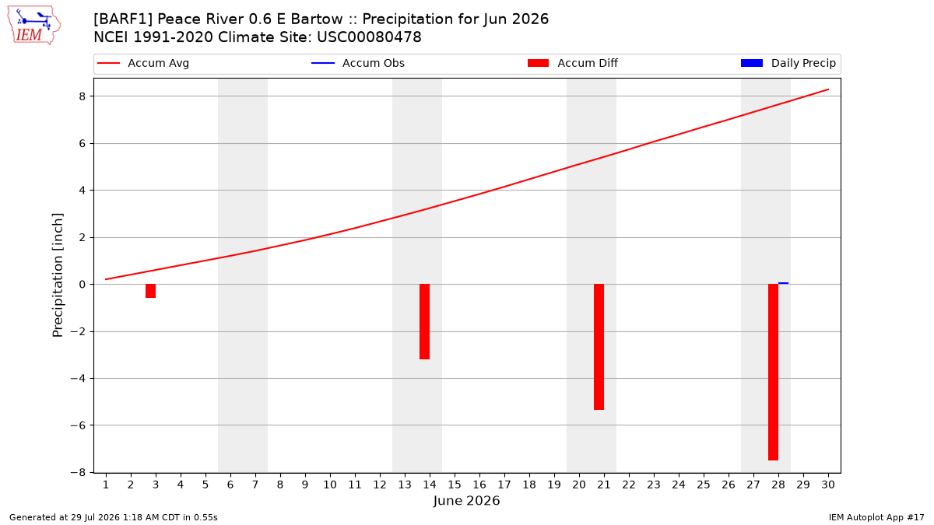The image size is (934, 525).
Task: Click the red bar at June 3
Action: click(x=150, y=291)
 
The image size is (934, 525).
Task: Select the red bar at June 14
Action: click(x=424, y=322)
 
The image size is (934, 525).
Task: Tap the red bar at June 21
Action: click(x=599, y=347)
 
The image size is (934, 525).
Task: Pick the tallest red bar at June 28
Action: click(x=773, y=372)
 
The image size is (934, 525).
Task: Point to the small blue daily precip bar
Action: click(x=783, y=283)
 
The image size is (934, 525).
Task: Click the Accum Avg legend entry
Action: click(x=143, y=63)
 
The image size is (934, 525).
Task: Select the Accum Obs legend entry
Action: click(x=358, y=63)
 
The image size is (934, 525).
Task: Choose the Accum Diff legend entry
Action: click(x=573, y=63)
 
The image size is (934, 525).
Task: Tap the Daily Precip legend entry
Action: click(x=788, y=63)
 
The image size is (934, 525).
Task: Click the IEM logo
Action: click(x=33, y=26)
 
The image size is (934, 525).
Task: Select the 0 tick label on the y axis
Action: click(x=82, y=285)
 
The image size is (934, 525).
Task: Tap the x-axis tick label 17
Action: click(x=504, y=485)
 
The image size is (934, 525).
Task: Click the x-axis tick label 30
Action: click(x=828, y=485)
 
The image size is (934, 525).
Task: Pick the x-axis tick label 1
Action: click(x=106, y=485)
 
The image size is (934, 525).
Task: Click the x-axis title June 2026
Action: click(x=466, y=501)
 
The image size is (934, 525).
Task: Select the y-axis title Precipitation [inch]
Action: click(x=58, y=275)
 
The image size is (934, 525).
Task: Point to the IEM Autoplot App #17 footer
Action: click(x=876, y=517)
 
